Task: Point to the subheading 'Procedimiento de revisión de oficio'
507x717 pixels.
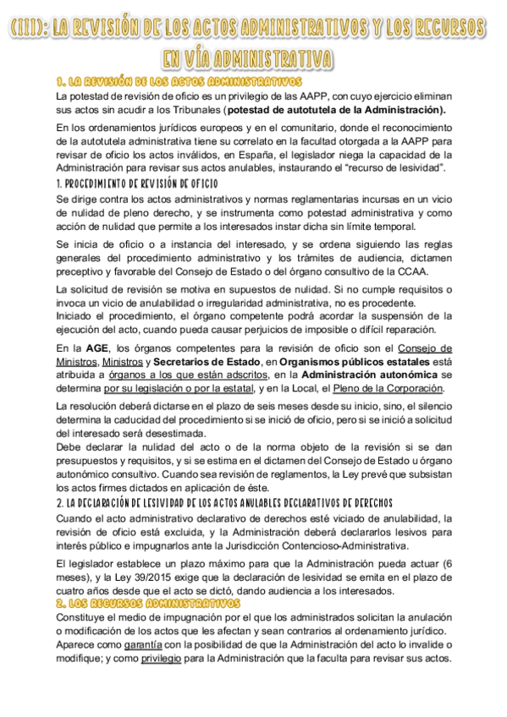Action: [x=135, y=183]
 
